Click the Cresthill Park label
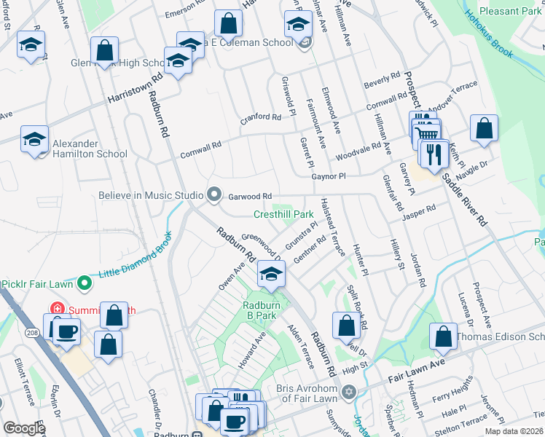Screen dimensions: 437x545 283,214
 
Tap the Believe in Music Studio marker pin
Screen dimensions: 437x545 214,194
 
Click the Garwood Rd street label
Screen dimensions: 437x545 250,197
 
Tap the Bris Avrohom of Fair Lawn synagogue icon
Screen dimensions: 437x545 348,393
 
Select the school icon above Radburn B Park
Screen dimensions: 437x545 270,275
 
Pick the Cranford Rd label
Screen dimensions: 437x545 261,117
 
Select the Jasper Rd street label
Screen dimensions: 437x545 419,209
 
